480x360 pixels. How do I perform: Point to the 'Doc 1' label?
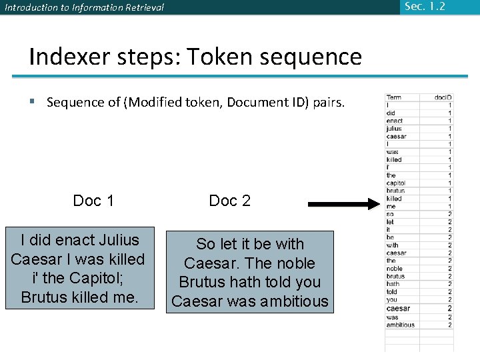click(93, 201)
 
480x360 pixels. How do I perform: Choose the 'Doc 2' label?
click(229, 201)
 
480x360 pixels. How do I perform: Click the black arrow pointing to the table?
click(343, 203)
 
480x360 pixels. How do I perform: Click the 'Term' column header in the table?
click(394, 97)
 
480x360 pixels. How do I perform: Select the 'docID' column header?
click(443, 97)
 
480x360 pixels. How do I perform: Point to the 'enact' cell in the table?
click(395, 121)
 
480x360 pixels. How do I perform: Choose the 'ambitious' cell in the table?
click(400, 325)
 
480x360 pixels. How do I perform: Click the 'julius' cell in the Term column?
click(394, 129)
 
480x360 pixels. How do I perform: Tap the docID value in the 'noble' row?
click(449, 268)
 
